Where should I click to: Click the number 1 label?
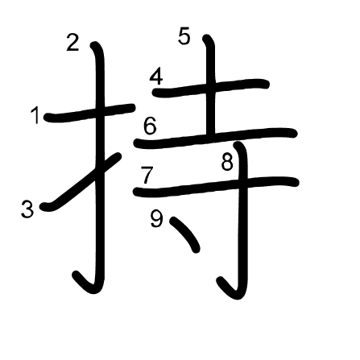pos(35,115)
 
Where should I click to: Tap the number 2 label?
pos(72,43)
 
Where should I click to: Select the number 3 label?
pos(27,209)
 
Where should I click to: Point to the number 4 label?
pos(156,77)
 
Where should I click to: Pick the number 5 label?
pos(184,36)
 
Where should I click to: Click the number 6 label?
pos(150,126)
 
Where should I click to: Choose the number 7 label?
pos(147,176)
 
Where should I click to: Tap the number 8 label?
pos(227,162)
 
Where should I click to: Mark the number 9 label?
pos(156,219)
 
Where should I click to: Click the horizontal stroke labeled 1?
pos(89,113)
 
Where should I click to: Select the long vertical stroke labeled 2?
pos(99,167)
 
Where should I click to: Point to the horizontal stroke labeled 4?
pos(210,88)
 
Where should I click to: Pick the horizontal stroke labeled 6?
pos(216,138)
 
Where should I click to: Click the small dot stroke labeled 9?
pos(184,234)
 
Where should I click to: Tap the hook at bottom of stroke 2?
pos(87,284)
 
